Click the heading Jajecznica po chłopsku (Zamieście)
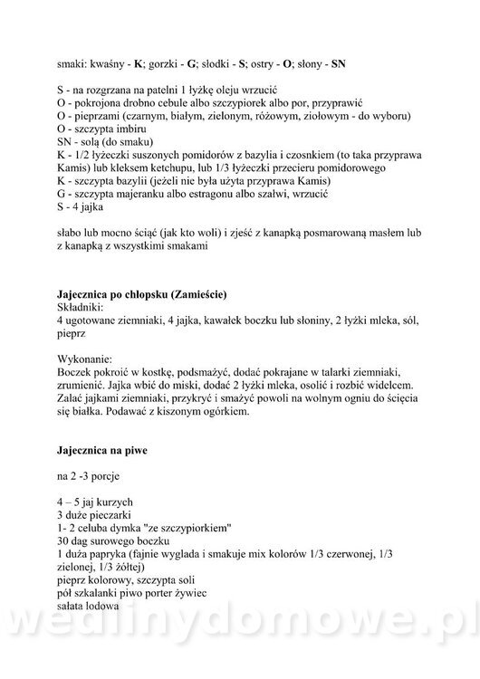(140, 296)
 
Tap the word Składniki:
(82, 308)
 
